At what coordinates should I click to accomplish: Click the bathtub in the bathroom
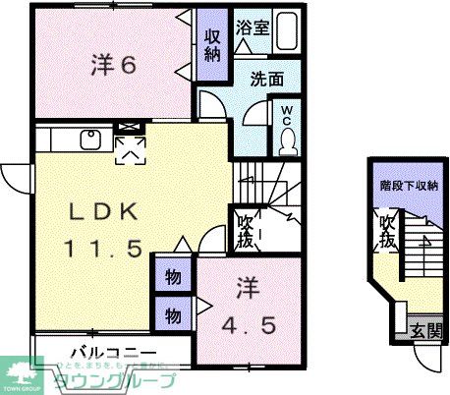click(x=287, y=30)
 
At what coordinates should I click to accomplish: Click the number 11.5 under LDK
click(x=96, y=247)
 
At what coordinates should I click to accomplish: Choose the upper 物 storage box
click(x=171, y=276)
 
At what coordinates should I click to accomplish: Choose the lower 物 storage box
click(x=171, y=314)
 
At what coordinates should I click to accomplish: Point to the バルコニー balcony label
click(x=113, y=352)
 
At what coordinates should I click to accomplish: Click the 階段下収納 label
click(x=410, y=186)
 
